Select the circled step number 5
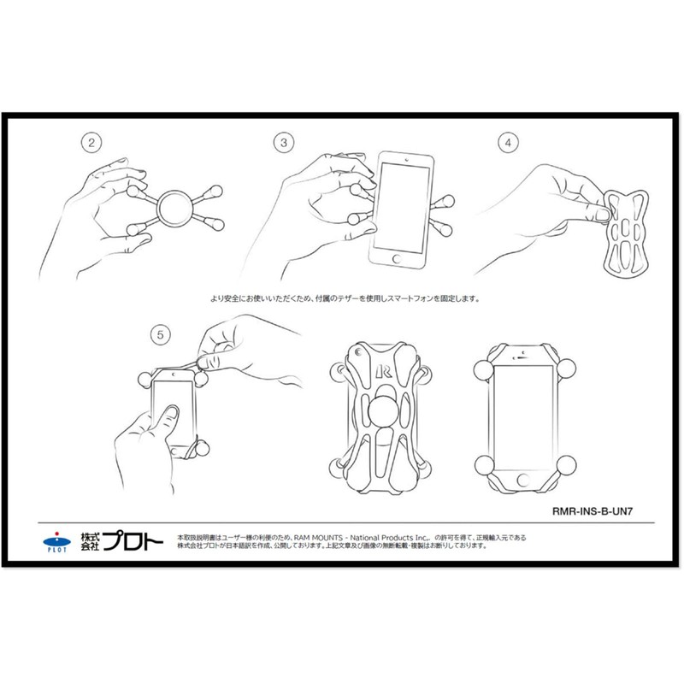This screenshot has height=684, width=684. coord(156,335)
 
